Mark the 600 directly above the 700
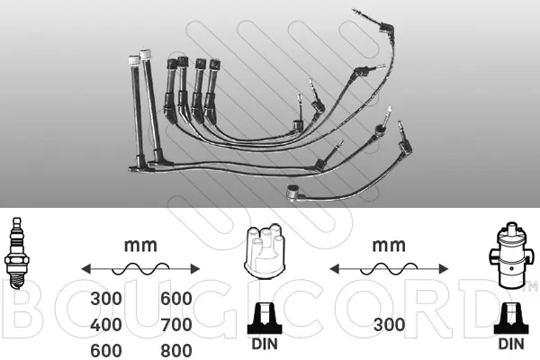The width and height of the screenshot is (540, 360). click(x=175, y=299)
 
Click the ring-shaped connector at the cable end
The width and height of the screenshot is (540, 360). click(x=292, y=190)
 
